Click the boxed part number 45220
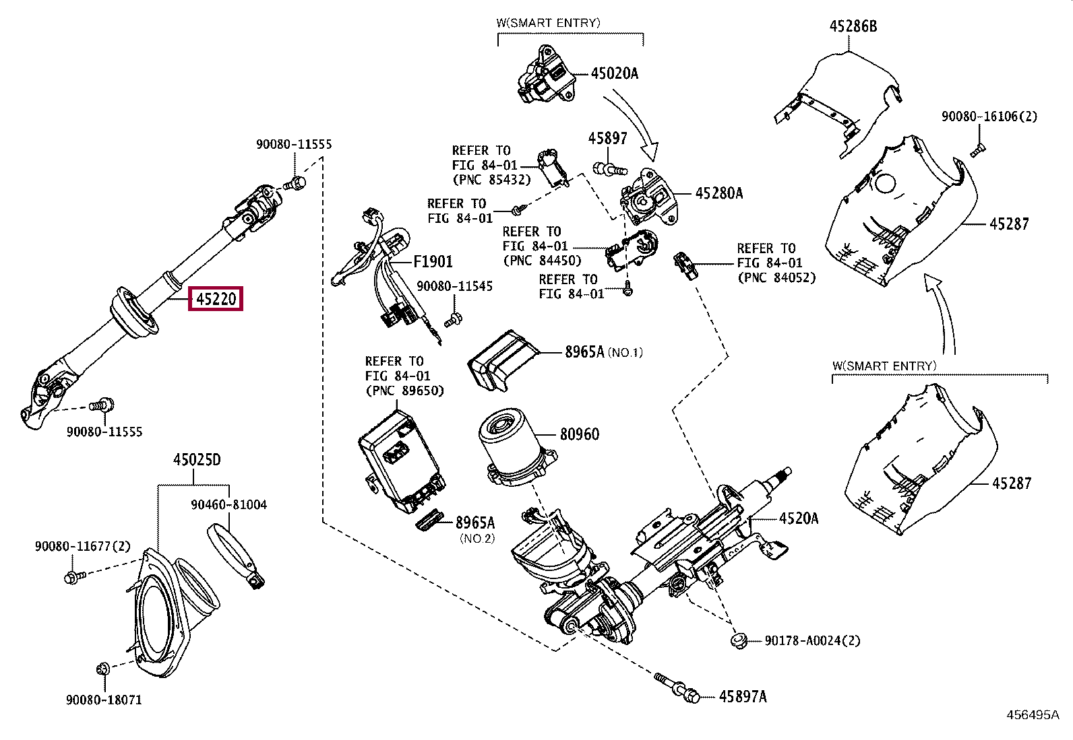[x=216, y=299]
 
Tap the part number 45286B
[x=853, y=26]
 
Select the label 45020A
[x=615, y=73]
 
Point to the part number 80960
[x=580, y=434]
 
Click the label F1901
[x=433, y=261]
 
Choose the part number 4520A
[x=799, y=518]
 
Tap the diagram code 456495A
[x=1033, y=714]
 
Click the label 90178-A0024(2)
[x=812, y=640]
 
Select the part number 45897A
[x=743, y=696]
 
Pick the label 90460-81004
[x=229, y=504]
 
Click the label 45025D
[x=197, y=460]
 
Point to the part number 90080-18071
[x=104, y=700]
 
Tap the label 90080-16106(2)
[x=989, y=116]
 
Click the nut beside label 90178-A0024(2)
[x=739, y=640]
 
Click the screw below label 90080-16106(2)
[x=977, y=151]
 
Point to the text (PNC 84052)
[x=776, y=277]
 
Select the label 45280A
[x=719, y=193]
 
